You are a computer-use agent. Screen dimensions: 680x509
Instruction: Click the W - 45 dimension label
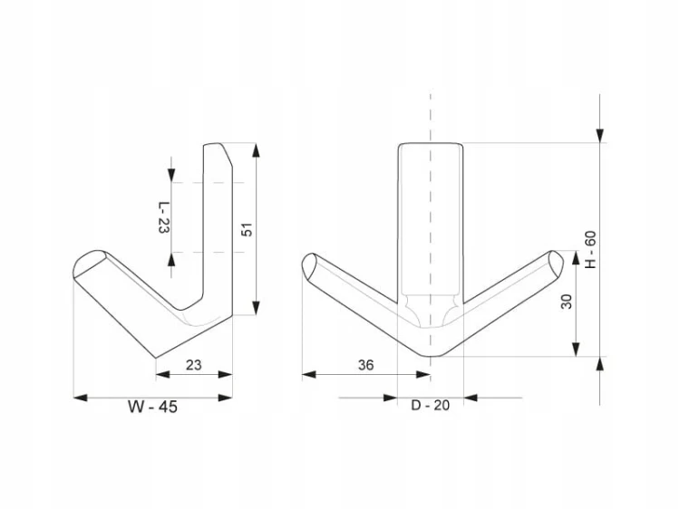(152, 407)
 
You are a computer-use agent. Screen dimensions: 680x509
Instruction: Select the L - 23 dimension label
(163, 217)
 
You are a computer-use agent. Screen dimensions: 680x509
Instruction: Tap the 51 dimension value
(247, 229)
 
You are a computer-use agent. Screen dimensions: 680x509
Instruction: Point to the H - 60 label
(590, 250)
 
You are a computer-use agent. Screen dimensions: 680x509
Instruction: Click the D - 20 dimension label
(430, 406)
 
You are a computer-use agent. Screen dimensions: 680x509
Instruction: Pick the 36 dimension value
(365, 365)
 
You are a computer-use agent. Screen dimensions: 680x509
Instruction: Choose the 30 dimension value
(567, 302)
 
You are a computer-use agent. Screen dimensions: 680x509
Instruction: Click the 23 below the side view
(194, 365)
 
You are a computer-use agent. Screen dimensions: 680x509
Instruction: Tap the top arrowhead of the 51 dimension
(256, 150)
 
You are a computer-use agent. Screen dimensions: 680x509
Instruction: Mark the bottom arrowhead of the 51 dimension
(256, 308)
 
